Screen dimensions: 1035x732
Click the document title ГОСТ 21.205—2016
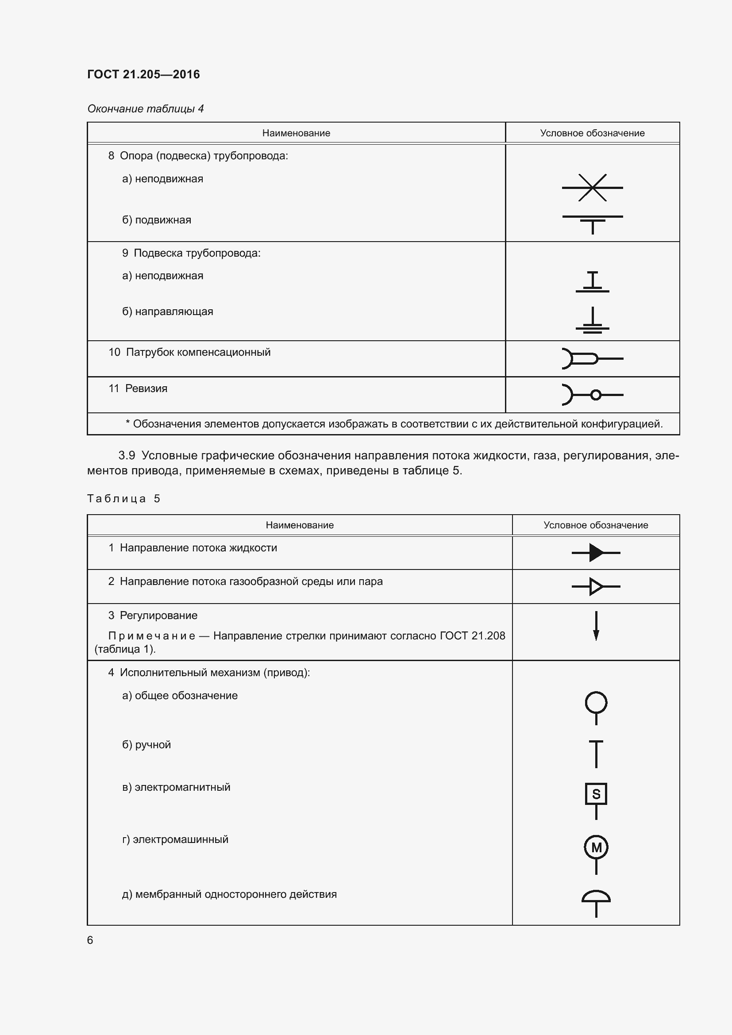tap(143, 74)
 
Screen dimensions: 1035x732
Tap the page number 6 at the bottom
tap(90, 940)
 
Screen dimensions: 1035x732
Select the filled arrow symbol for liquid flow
tap(596, 553)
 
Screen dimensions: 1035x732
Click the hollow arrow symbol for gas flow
tap(596, 587)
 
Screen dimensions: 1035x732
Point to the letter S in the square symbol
tap(596, 794)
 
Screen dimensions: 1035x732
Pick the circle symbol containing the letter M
tap(596, 847)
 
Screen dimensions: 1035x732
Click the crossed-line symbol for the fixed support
tap(592, 188)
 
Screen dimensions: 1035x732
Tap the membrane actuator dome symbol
tap(596, 897)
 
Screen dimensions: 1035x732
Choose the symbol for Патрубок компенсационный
tap(592, 359)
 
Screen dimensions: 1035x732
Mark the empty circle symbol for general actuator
tap(596, 703)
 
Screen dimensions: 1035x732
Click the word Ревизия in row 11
tap(146, 389)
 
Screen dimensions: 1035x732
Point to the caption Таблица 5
tap(123, 499)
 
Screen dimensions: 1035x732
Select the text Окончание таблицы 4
tap(145, 109)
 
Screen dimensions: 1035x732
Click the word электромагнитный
tap(182, 787)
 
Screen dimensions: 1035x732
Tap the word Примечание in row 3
tap(151, 635)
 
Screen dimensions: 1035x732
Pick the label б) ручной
tap(146, 745)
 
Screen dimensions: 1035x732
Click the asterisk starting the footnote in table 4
tap(127, 423)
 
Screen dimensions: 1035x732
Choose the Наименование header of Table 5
tap(299, 525)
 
